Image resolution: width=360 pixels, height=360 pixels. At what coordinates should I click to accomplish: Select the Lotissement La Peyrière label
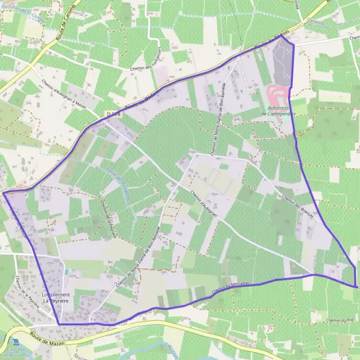click(56, 298)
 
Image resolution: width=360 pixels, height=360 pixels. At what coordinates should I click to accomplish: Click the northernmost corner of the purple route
click(281, 35)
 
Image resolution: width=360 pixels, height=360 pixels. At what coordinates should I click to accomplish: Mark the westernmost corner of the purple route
click(4, 193)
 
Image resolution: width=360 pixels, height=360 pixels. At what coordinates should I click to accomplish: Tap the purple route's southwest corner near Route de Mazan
click(59, 324)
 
